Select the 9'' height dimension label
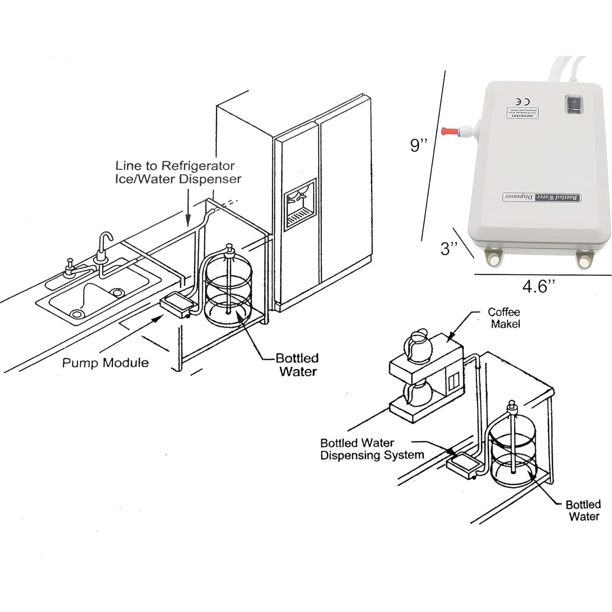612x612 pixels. pos(419,145)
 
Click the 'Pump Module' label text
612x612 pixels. pos(105,363)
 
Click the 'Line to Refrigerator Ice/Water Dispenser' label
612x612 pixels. pos(178,172)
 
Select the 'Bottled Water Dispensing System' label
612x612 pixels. pos(372,449)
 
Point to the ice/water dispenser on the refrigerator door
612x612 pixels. pos(300,203)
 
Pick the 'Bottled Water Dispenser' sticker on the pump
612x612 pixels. pos(541,197)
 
